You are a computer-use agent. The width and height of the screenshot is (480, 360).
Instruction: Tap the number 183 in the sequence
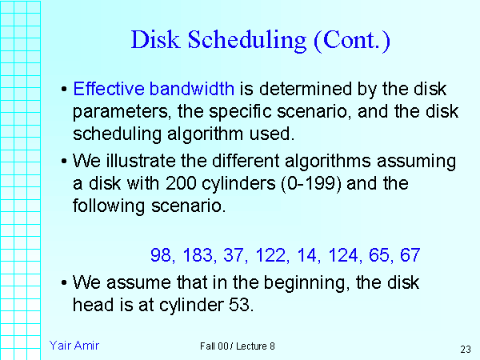click(x=196, y=256)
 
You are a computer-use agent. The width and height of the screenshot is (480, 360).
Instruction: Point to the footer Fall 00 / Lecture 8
click(x=238, y=346)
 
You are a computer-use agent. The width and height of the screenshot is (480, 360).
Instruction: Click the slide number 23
click(x=465, y=349)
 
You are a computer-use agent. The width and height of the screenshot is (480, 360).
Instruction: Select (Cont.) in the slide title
click(x=353, y=41)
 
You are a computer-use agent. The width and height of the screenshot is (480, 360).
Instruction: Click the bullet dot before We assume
click(x=64, y=283)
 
